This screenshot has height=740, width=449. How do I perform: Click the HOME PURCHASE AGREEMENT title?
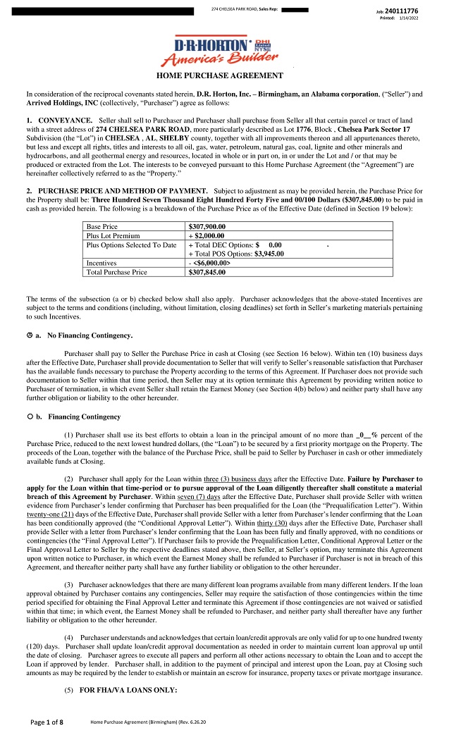(219, 75)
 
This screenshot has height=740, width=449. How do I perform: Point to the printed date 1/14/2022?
(409, 18)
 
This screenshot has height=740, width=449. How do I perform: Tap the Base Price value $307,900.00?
(207, 226)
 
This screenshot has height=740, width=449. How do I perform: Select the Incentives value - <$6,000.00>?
(209, 262)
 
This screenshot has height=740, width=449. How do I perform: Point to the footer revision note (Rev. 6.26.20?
(179, 723)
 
